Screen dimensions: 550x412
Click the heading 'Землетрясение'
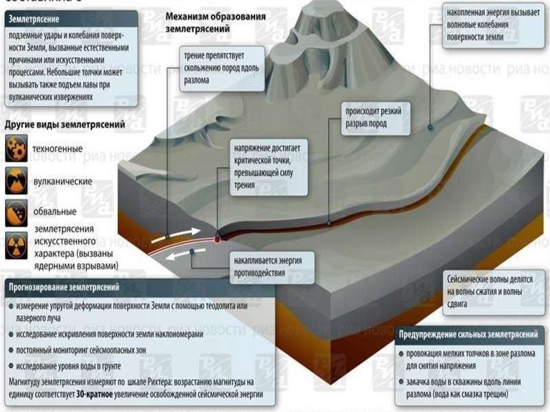click(x=33, y=19)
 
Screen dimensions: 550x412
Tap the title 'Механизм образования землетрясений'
click(x=215, y=22)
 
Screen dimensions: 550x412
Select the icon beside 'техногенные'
click(x=16, y=149)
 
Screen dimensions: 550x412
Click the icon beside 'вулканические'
click(x=16, y=181)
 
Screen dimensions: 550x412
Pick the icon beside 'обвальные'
click(x=16, y=211)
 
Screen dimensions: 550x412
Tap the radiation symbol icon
click(x=16, y=247)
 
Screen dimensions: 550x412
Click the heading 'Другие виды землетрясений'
click(x=65, y=125)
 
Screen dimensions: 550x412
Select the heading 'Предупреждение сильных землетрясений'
click(x=468, y=335)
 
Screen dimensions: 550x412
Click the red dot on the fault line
click(x=218, y=239)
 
